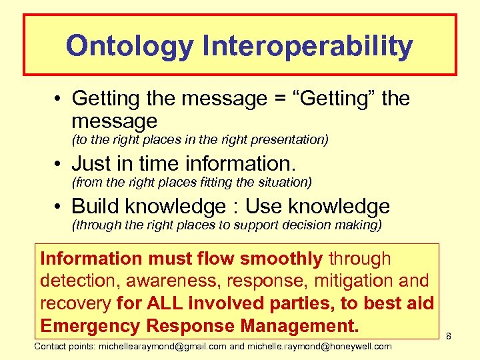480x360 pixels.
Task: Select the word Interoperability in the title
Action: pyautogui.click(x=304, y=46)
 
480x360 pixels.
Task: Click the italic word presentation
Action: pyautogui.click(x=289, y=140)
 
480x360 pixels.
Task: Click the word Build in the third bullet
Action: pyautogui.click(x=95, y=206)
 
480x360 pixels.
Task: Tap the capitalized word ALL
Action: pyautogui.click(x=162, y=304)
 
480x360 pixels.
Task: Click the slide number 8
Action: pyautogui.click(x=449, y=337)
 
